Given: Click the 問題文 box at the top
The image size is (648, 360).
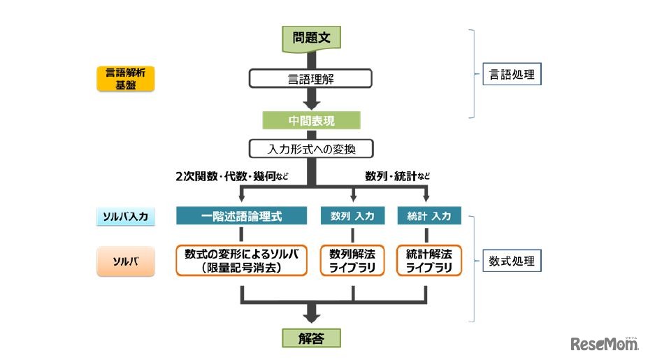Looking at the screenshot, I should [311, 38].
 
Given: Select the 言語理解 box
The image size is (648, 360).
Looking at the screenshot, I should [311, 78].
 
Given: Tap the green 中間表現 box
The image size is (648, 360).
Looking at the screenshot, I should [311, 120].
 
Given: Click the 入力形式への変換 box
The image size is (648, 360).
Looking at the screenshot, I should [311, 149].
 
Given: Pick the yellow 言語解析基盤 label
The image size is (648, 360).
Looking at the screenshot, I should [125, 79].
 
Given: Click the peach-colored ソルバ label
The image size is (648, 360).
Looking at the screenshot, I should [125, 261].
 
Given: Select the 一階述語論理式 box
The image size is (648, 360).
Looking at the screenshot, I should [241, 216].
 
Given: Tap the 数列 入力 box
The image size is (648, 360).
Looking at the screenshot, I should [352, 216].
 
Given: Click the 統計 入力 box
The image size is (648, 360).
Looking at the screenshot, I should [429, 216].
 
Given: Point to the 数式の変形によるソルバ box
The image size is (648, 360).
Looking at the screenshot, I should [241, 260].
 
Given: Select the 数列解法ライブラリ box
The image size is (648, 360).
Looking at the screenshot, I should [352, 260].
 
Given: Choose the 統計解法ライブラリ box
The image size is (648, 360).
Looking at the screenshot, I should [429, 260].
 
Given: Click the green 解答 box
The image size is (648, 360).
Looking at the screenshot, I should [311, 338].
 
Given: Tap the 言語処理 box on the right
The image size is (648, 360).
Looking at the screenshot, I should [512, 73].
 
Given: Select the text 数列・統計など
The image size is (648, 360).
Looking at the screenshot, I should [397, 177].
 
